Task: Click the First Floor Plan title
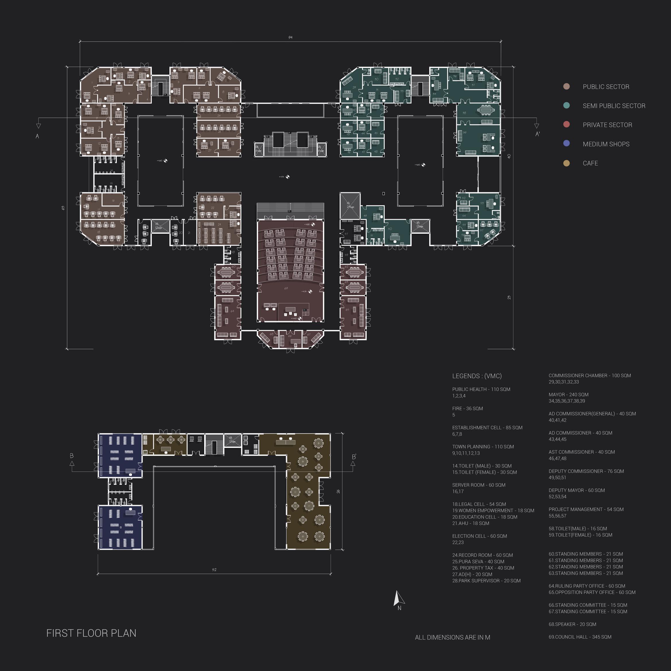(x=91, y=633)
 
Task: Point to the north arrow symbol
(x=399, y=598)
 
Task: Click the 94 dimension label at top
(x=290, y=38)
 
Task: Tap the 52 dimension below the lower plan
(x=214, y=569)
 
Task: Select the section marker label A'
(x=537, y=134)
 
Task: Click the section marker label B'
(x=354, y=457)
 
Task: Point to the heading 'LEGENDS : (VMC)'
(x=477, y=376)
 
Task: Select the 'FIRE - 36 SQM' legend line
(x=468, y=409)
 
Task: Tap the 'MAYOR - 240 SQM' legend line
(x=569, y=394)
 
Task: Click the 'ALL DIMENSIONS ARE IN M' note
(x=452, y=637)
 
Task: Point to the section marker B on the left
(x=71, y=456)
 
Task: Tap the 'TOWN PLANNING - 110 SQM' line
(x=483, y=447)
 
